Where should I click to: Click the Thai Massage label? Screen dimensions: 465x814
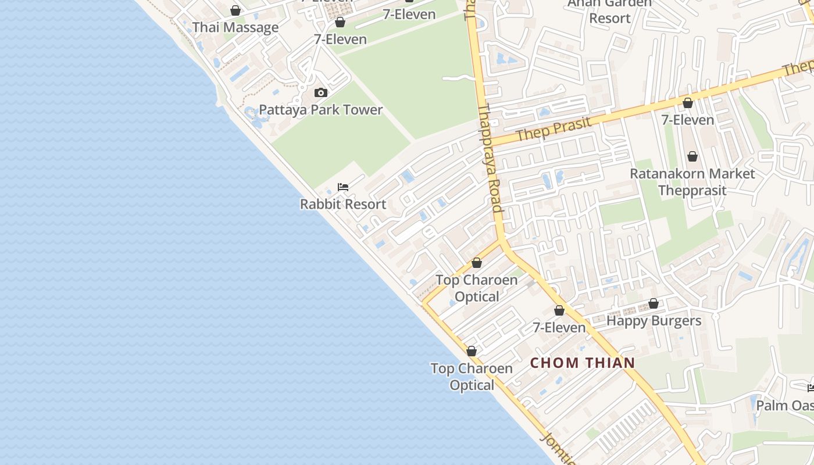click(235, 27)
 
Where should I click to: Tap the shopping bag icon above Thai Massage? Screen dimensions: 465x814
click(235, 10)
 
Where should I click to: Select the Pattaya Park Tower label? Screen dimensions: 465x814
click(320, 110)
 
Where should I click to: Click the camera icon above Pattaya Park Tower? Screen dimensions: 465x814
click(320, 93)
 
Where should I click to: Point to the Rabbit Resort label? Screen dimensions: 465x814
click(343, 204)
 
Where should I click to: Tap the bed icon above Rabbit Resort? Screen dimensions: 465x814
click(343, 187)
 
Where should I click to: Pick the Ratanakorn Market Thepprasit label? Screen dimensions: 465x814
click(692, 182)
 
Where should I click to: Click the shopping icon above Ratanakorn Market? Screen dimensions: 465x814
click(692, 156)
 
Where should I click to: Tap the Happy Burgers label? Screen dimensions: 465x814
click(654, 320)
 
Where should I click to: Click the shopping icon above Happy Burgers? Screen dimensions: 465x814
click(654, 303)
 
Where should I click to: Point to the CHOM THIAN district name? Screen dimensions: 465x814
click(583, 363)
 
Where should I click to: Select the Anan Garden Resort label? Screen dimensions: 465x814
click(609, 10)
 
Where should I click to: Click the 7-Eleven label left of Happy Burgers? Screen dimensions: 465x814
click(559, 328)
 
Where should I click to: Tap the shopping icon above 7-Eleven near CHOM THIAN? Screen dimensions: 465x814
click(559, 311)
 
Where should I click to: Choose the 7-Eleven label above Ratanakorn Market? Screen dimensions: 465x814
click(687, 120)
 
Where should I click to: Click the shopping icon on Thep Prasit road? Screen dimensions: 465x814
click(688, 103)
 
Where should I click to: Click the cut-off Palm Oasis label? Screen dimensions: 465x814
click(785, 405)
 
